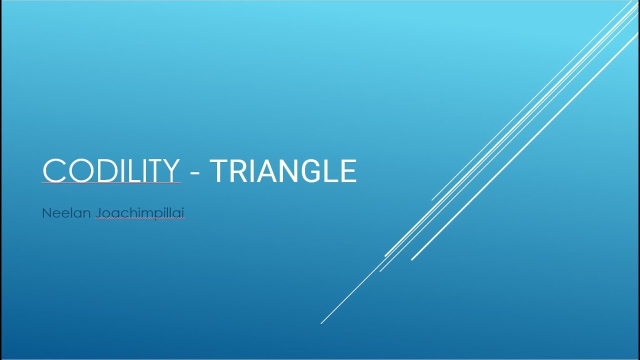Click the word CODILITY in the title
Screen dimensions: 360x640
click(x=111, y=171)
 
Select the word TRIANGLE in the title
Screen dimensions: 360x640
click(x=283, y=171)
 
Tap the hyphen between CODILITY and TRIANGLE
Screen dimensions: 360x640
click(x=195, y=172)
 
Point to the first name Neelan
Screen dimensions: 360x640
click(x=66, y=213)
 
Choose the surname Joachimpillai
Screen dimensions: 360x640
click(x=140, y=213)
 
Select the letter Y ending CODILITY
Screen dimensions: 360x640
click(x=169, y=171)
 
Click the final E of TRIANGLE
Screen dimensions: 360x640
click(x=349, y=171)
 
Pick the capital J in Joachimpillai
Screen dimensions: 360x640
click(x=98, y=213)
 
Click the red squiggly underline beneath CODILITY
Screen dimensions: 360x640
click(x=111, y=183)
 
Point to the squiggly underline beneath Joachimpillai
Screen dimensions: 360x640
click(x=140, y=219)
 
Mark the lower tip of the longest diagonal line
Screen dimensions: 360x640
click(x=321, y=323)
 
